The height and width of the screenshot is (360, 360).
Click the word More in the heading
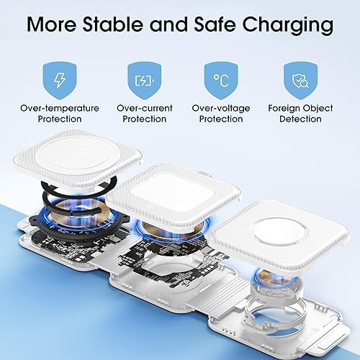pyautogui.click(x=53, y=26)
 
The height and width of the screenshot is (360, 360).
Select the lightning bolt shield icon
pyautogui.click(x=59, y=76)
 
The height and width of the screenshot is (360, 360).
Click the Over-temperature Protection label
pyautogui.click(x=59, y=113)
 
